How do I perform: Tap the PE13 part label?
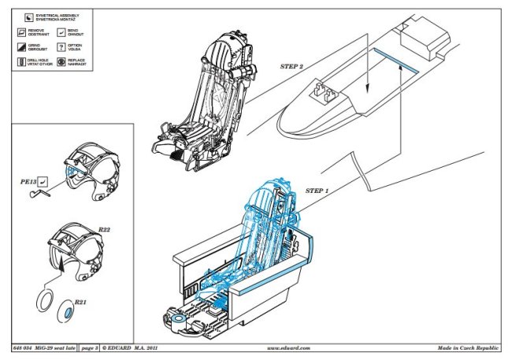(29, 181)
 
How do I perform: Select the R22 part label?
(104, 229)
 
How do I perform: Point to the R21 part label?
(80, 302)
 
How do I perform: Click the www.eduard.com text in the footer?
(289, 347)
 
